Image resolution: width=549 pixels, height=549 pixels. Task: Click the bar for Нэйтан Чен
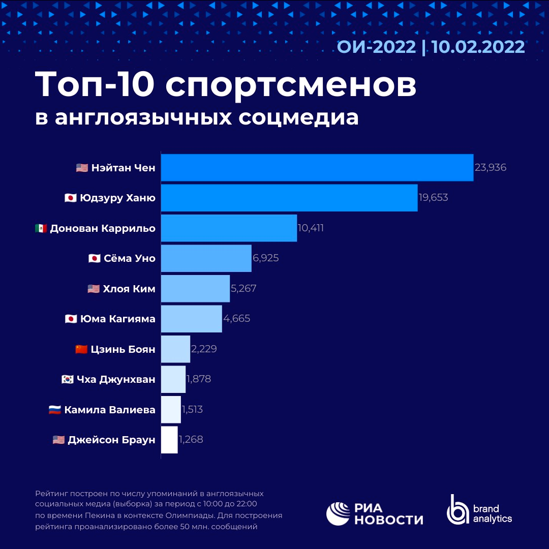click(x=317, y=167)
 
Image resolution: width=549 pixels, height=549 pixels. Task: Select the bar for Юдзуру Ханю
click(x=289, y=198)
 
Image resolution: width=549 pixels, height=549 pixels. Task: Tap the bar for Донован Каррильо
click(x=229, y=228)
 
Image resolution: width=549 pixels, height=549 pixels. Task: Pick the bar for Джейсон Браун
click(x=169, y=440)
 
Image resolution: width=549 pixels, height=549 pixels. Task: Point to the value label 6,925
click(x=266, y=258)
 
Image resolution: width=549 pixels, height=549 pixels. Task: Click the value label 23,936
click(x=491, y=167)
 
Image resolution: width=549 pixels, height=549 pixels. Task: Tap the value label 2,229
click(x=204, y=349)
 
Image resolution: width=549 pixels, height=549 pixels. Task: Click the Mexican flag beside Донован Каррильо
click(x=41, y=228)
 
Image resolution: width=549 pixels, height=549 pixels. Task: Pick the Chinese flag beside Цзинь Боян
click(x=81, y=349)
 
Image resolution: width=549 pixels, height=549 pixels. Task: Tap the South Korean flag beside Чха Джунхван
click(x=67, y=379)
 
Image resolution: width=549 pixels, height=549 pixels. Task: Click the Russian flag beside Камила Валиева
click(x=55, y=410)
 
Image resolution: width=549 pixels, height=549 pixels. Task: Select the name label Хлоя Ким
click(x=129, y=289)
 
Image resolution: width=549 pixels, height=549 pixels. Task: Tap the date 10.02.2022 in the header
click(x=478, y=47)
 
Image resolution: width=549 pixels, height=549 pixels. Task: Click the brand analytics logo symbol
click(x=457, y=509)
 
